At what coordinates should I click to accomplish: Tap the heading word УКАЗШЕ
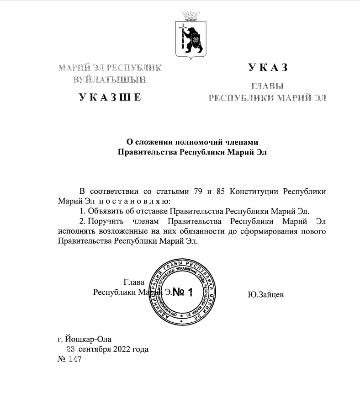(110, 96)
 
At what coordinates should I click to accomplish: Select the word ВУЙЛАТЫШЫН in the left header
(110, 79)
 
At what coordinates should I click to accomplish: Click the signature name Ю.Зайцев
(265, 294)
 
